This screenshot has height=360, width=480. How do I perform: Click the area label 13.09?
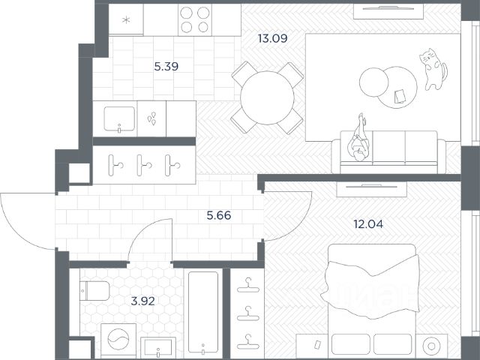[272, 38]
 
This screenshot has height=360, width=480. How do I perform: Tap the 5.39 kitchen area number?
[166, 67]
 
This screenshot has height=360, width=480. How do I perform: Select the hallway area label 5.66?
[219, 215]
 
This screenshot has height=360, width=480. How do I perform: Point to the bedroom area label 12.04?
[368, 224]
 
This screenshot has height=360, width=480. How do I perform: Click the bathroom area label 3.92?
[143, 301]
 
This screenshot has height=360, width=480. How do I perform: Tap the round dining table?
[267, 98]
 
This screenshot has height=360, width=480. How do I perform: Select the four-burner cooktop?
[195, 20]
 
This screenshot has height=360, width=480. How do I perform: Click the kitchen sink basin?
[119, 119]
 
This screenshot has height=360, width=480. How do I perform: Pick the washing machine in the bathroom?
[118, 340]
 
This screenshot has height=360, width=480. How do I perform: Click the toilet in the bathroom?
[94, 291]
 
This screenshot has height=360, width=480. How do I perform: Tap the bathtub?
[203, 312]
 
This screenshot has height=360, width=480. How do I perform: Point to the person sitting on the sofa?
[358, 139]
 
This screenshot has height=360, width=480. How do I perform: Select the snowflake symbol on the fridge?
[126, 20]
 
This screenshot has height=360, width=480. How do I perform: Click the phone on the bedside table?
[318, 344]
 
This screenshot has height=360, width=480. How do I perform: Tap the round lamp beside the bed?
[431, 346]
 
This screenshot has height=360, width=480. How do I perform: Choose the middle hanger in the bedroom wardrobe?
[248, 313]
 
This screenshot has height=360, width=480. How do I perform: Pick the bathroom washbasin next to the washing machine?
[158, 347]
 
